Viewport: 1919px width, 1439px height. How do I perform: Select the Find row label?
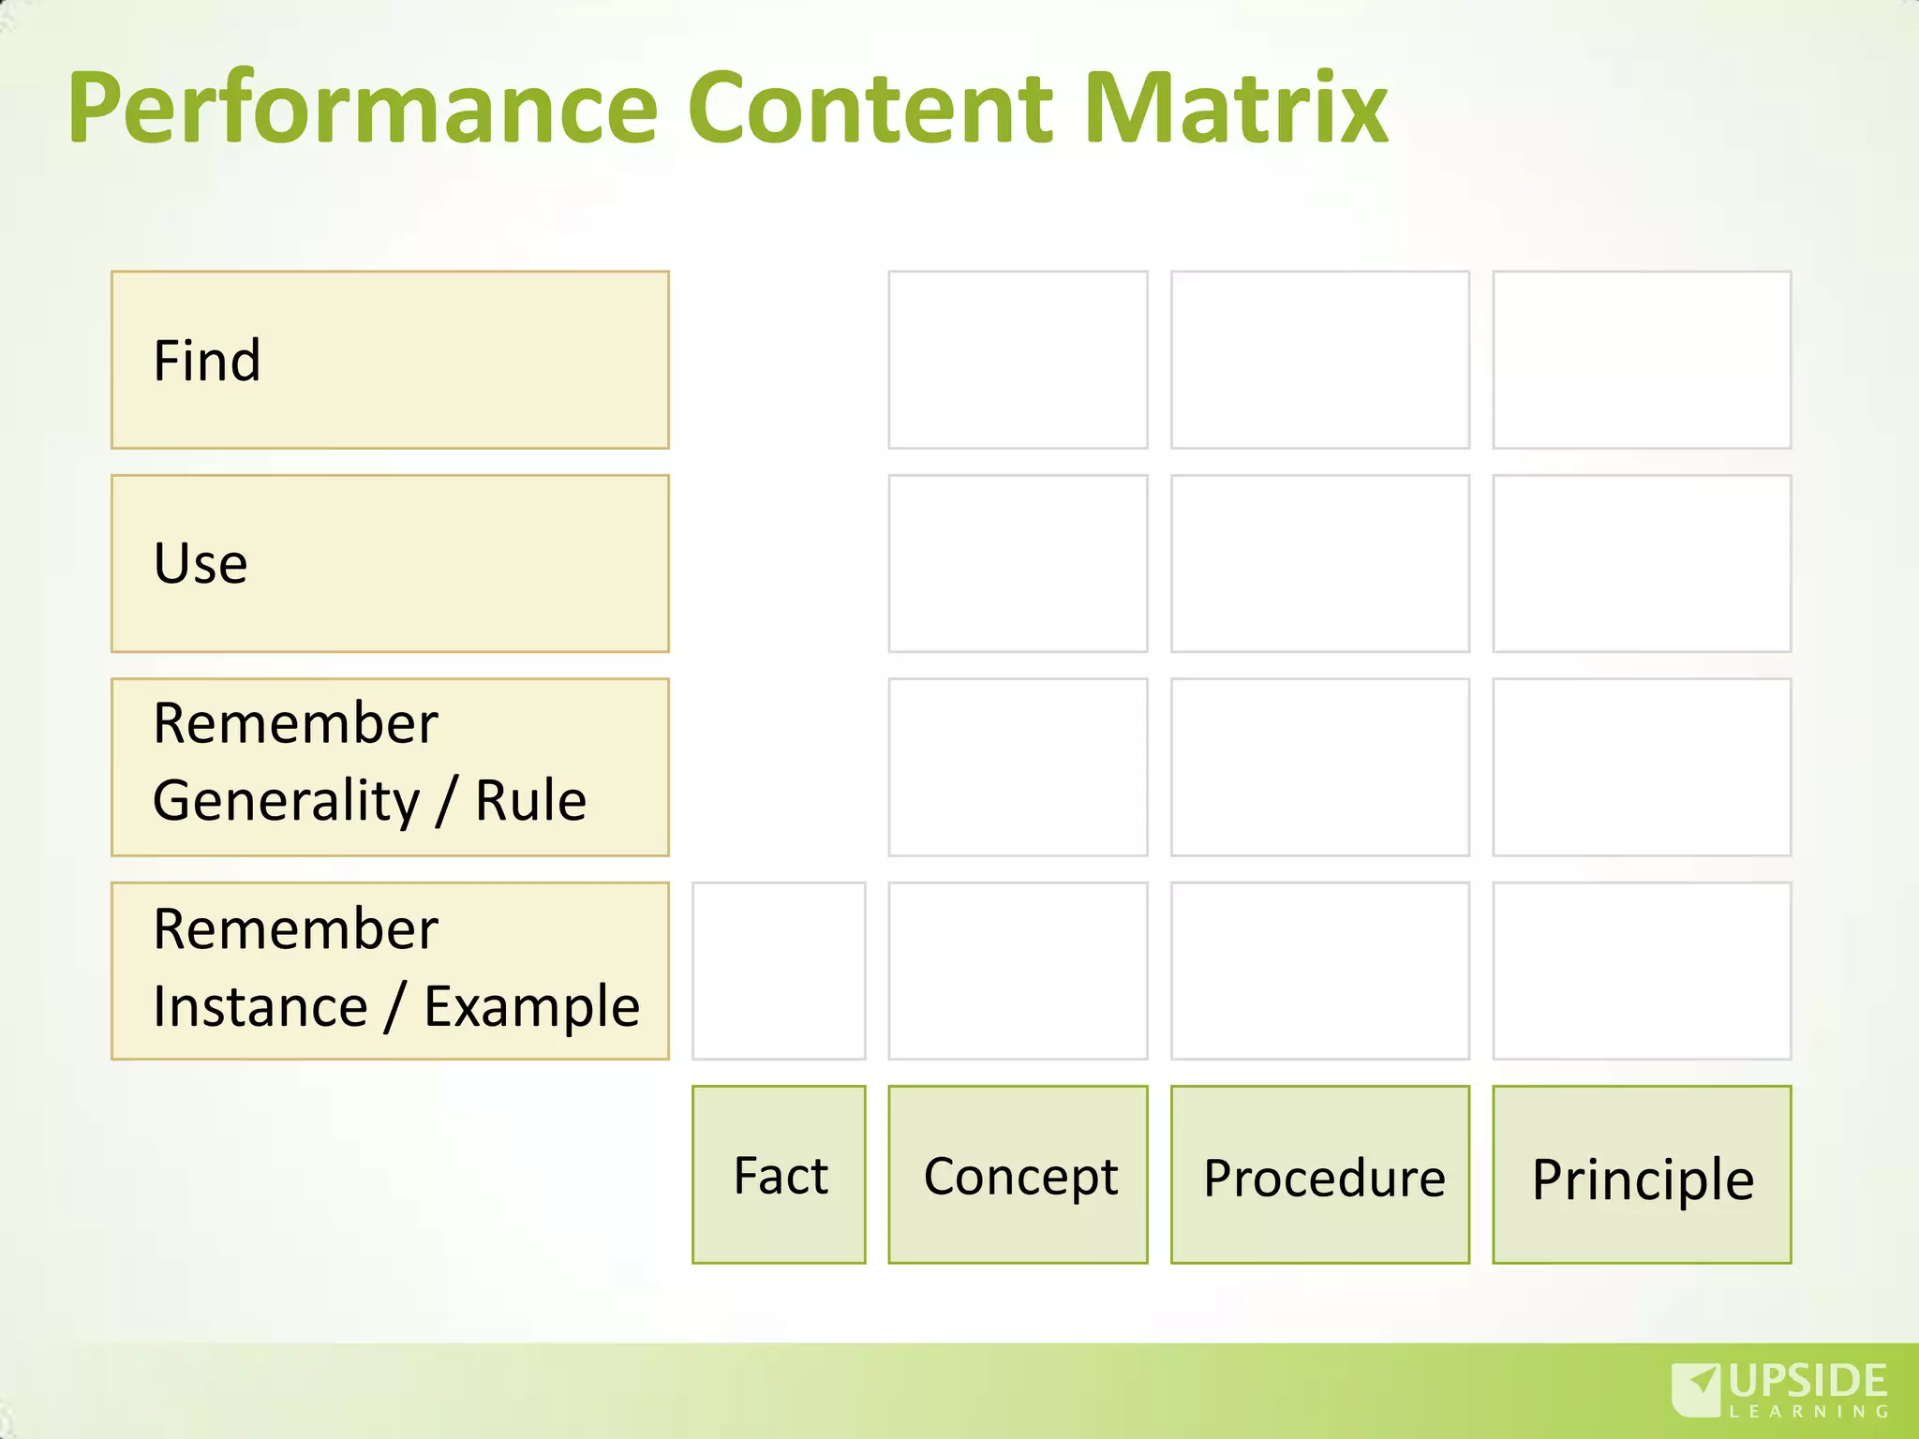pyautogui.click(x=390, y=360)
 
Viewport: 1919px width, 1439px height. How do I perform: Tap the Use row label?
pyautogui.click(x=390, y=563)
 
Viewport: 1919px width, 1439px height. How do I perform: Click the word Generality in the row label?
pyautogui.click(x=286, y=802)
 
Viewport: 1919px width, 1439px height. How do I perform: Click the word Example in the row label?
pyautogui.click(x=531, y=1007)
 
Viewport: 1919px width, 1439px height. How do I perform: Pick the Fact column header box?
pyautogui.click(x=779, y=1175)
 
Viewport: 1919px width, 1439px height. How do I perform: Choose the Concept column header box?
pyautogui.click(x=1018, y=1175)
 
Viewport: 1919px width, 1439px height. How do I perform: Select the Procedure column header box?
pyautogui.click(x=1319, y=1175)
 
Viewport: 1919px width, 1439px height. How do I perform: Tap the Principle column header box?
pyautogui.click(x=1642, y=1175)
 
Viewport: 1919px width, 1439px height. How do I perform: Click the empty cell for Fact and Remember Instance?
pyautogui.click(x=779, y=971)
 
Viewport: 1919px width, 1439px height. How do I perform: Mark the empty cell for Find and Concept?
pyautogui.click(x=1018, y=360)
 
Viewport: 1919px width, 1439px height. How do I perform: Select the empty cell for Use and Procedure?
pyautogui.click(x=1319, y=563)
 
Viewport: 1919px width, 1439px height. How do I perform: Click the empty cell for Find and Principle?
pyautogui.click(x=1642, y=360)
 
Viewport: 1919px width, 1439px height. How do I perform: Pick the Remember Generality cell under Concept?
pyautogui.click(x=1018, y=767)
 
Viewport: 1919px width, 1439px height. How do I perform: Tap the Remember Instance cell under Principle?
pyautogui.click(x=1642, y=971)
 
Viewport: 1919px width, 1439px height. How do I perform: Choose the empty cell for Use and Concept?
pyautogui.click(x=1018, y=563)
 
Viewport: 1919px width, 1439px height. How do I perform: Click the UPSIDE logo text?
pyautogui.click(x=1807, y=1382)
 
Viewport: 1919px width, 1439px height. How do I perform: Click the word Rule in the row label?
pyautogui.click(x=530, y=802)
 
